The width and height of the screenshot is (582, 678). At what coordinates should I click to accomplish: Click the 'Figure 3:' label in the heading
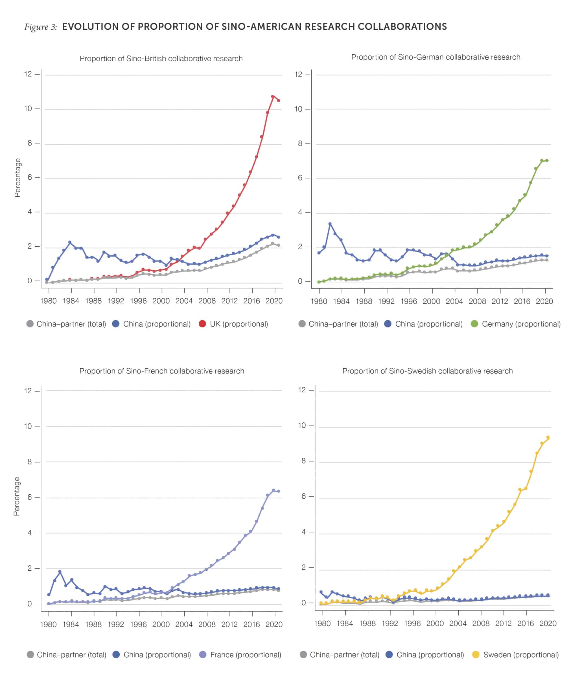(41, 27)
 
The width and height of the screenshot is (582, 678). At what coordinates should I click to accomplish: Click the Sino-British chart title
(161, 58)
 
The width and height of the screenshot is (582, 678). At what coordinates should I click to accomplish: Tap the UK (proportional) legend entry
(233, 324)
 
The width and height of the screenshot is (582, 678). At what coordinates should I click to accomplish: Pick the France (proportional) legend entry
(240, 655)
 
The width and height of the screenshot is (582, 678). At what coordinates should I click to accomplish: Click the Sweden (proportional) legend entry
(515, 655)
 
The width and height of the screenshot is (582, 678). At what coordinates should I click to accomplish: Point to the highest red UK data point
(272, 97)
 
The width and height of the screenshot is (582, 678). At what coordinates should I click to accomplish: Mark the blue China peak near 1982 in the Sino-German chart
(330, 224)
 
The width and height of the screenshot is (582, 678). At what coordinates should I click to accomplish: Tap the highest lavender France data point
(273, 490)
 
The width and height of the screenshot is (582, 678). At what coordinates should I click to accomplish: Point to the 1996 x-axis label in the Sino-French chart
(138, 624)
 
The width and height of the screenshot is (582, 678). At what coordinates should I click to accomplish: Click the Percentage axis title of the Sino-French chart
(17, 496)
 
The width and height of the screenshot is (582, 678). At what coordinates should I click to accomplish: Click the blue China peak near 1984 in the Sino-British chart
(70, 242)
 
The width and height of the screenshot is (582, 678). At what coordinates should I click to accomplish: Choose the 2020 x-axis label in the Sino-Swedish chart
(548, 623)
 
